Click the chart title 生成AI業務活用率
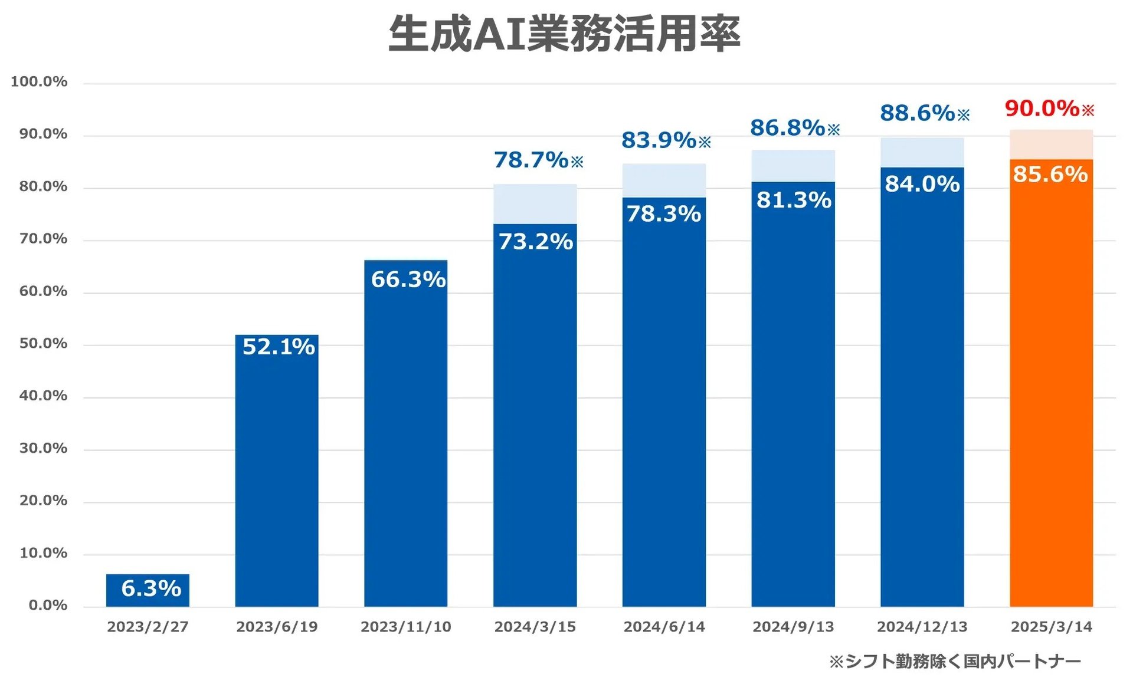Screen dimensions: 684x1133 click(564, 34)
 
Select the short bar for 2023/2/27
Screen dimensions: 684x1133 click(148, 590)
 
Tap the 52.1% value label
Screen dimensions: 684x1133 click(279, 347)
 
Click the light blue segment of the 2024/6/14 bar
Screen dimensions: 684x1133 click(664, 180)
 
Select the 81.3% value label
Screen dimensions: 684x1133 click(794, 200)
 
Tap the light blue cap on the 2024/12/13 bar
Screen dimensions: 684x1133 click(922, 153)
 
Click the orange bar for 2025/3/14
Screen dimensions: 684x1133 click(1051, 401)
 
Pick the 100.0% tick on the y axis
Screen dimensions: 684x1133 click(39, 81)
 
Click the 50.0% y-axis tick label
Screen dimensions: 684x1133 click(43, 343)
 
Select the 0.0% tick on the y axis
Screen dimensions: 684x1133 click(48, 605)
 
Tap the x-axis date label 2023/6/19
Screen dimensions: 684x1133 click(277, 626)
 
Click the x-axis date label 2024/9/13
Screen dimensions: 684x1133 click(793, 626)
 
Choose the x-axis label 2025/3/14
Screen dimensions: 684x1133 click(1051, 626)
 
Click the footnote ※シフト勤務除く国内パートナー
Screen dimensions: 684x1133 click(955, 661)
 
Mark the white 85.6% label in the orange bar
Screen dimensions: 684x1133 click(1050, 175)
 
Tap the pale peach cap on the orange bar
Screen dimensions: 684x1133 click(1051, 144)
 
